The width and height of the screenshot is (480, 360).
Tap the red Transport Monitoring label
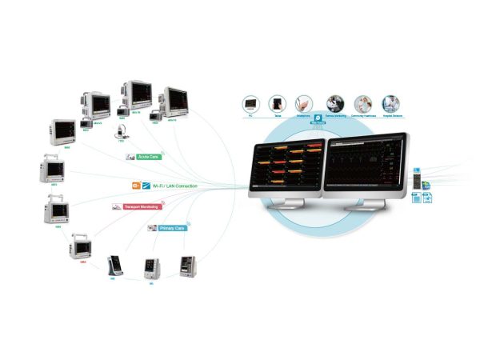tap(142, 206)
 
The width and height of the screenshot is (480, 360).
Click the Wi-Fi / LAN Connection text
tap(175, 186)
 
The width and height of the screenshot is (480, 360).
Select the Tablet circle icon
tap(278, 104)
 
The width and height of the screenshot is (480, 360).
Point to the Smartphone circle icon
tap(304, 104)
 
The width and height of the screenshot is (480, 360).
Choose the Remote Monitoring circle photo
tap(332, 104)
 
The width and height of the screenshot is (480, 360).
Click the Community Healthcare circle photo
tap(362, 104)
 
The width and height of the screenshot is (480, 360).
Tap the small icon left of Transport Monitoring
tap(118, 207)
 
